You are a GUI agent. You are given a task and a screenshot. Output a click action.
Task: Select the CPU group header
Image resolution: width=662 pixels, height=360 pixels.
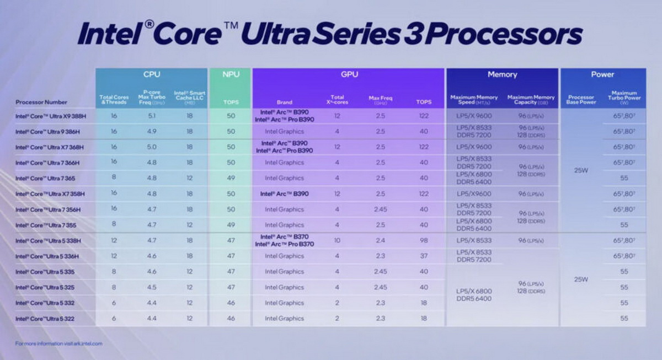click(152, 74)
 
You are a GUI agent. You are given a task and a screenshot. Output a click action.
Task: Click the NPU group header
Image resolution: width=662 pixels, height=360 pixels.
click(231, 74)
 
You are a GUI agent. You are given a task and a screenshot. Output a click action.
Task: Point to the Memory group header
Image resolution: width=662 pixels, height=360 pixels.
click(502, 74)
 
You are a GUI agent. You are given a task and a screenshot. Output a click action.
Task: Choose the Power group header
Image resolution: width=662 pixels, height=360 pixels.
click(602, 74)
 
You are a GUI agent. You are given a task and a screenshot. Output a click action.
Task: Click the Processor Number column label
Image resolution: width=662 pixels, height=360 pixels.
click(41, 102)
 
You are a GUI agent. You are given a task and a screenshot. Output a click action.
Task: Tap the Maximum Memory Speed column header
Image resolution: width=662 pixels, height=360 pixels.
click(474, 100)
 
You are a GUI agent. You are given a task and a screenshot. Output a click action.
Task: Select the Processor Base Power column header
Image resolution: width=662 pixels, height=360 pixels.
click(580, 100)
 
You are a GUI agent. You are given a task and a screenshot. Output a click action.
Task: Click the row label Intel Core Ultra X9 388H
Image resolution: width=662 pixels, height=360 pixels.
click(51, 116)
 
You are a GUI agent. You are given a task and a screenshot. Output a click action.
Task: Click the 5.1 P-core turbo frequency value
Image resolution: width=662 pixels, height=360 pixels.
click(151, 116)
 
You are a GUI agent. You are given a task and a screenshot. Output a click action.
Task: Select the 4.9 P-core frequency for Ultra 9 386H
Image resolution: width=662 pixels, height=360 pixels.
click(151, 132)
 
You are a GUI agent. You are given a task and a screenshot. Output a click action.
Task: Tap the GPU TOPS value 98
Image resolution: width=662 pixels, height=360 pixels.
click(423, 240)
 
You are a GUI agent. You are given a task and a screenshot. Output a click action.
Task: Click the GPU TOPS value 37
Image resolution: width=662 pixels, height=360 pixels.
click(423, 256)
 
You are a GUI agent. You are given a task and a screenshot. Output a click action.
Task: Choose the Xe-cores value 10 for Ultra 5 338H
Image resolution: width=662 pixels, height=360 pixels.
click(337, 240)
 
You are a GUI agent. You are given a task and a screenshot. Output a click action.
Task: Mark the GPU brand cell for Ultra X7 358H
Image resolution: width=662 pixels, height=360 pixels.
click(284, 194)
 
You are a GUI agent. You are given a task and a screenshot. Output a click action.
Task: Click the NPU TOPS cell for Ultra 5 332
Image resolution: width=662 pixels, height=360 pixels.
click(230, 303)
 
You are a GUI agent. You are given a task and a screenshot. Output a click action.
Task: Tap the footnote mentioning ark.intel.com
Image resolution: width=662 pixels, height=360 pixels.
click(58, 343)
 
